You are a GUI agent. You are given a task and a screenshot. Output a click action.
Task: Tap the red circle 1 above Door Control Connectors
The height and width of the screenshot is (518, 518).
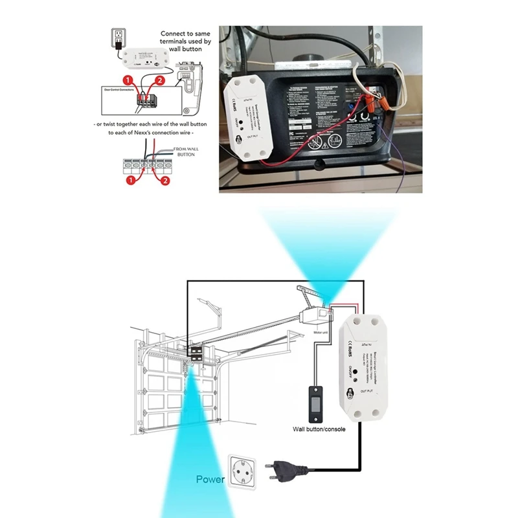(x=129, y=80)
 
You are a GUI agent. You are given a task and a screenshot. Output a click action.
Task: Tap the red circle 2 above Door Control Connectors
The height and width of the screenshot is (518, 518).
(x=159, y=80)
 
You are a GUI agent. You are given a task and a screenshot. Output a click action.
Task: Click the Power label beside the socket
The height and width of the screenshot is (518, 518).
(x=211, y=480)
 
